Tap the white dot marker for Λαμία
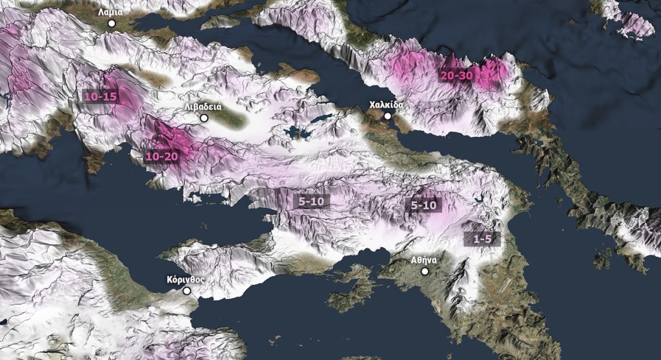point(112,23)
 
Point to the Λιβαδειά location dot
point(205,118)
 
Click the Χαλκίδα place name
point(386,104)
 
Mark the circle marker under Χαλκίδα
point(387,116)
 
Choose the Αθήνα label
point(425,260)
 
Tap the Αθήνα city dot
point(425,272)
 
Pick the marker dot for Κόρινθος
point(187,291)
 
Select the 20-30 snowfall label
point(457,75)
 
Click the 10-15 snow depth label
point(101,96)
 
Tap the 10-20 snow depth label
point(161,155)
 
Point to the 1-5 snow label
point(482,239)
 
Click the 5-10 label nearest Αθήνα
point(424,206)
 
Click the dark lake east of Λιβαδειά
point(297,132)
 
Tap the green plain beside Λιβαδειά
point(229,119)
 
